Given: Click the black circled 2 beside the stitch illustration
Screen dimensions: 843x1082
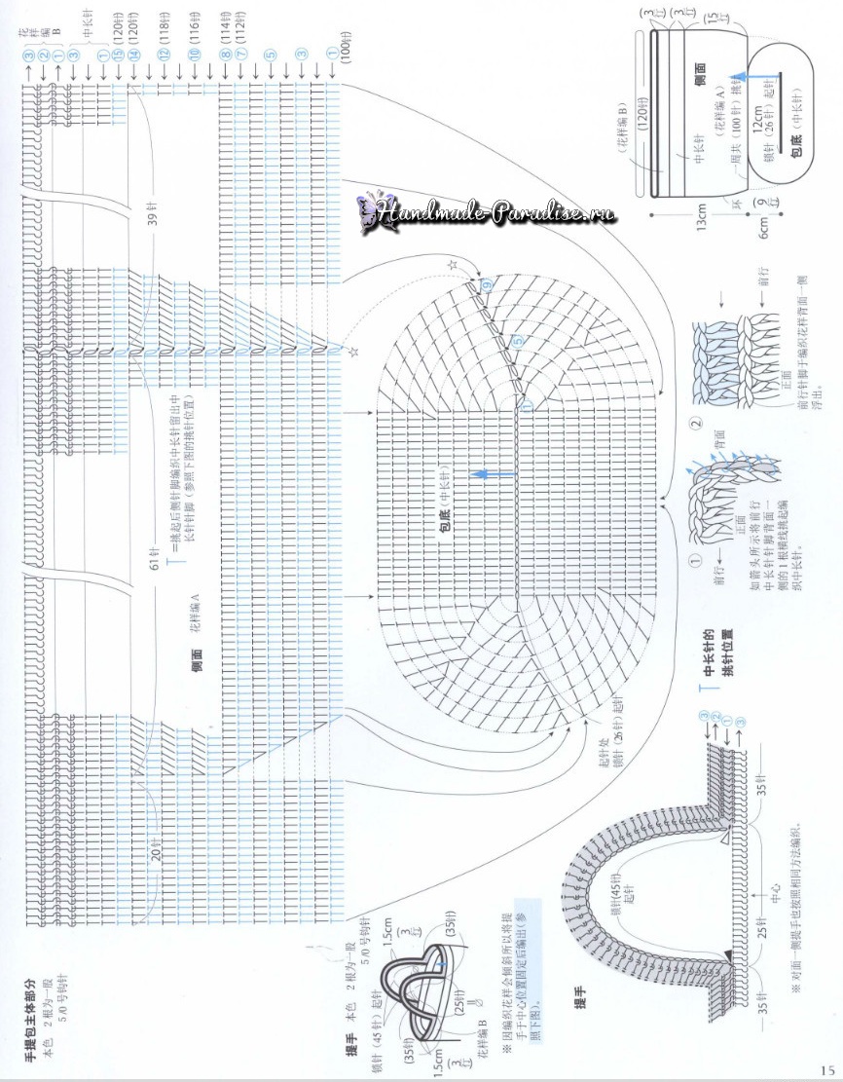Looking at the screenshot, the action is coord(694,425).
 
